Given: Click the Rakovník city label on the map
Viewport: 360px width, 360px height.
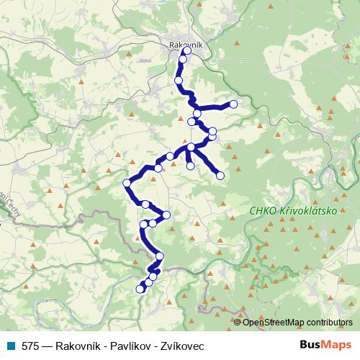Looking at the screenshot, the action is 186,44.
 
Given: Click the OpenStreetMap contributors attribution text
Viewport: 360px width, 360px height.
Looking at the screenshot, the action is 297,323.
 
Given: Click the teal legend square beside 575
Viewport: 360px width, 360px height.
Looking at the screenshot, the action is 11,346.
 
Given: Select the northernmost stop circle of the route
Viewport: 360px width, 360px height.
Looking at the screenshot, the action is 187,51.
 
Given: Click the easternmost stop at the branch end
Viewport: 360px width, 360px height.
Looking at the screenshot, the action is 233,104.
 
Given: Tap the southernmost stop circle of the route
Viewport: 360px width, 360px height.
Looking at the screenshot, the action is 140,289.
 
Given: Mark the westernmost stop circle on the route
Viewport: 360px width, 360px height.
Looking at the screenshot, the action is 127,183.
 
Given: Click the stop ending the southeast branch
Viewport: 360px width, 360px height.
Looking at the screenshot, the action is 220,175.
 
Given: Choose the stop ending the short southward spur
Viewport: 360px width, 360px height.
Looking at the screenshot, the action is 190,166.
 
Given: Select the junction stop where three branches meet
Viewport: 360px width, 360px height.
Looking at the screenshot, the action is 191,148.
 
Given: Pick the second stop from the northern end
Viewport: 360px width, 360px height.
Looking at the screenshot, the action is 183,60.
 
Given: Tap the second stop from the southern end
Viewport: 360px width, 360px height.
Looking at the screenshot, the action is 148,283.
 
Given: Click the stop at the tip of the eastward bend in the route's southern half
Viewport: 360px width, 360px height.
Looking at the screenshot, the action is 166,215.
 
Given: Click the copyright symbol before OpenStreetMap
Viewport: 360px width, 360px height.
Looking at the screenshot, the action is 238,323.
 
